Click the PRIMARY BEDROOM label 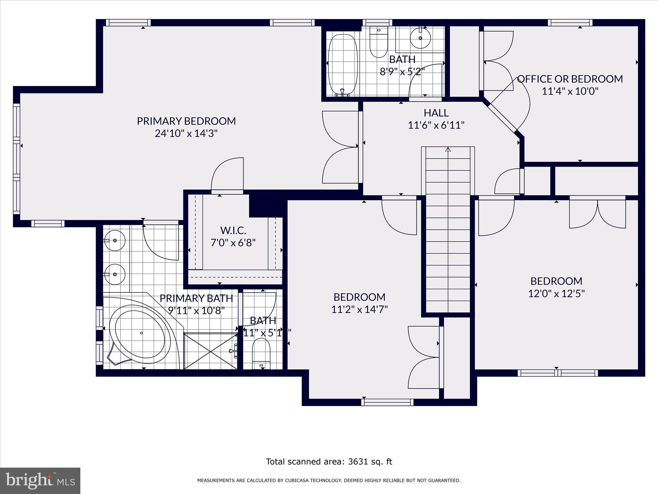(x=186, y=121)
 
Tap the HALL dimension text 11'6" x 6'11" (x=436, y=125)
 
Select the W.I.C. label (x=233, y=230)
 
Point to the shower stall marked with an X (x=210, y=351)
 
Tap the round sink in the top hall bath (x=420, y=38)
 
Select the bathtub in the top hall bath (x=342, y=64)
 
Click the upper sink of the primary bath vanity (x=114, y=240)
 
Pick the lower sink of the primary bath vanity (x=114, y=274)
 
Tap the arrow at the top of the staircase (x=448, y=150)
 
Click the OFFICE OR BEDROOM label (x=570, y=79)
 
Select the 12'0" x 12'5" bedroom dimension (x=556, y=294)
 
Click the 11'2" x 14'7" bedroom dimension (x=359, y=309)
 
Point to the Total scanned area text (x=329, y=462)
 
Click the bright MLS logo (x=40, y=480)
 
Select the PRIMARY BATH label (x=196, y=298)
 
